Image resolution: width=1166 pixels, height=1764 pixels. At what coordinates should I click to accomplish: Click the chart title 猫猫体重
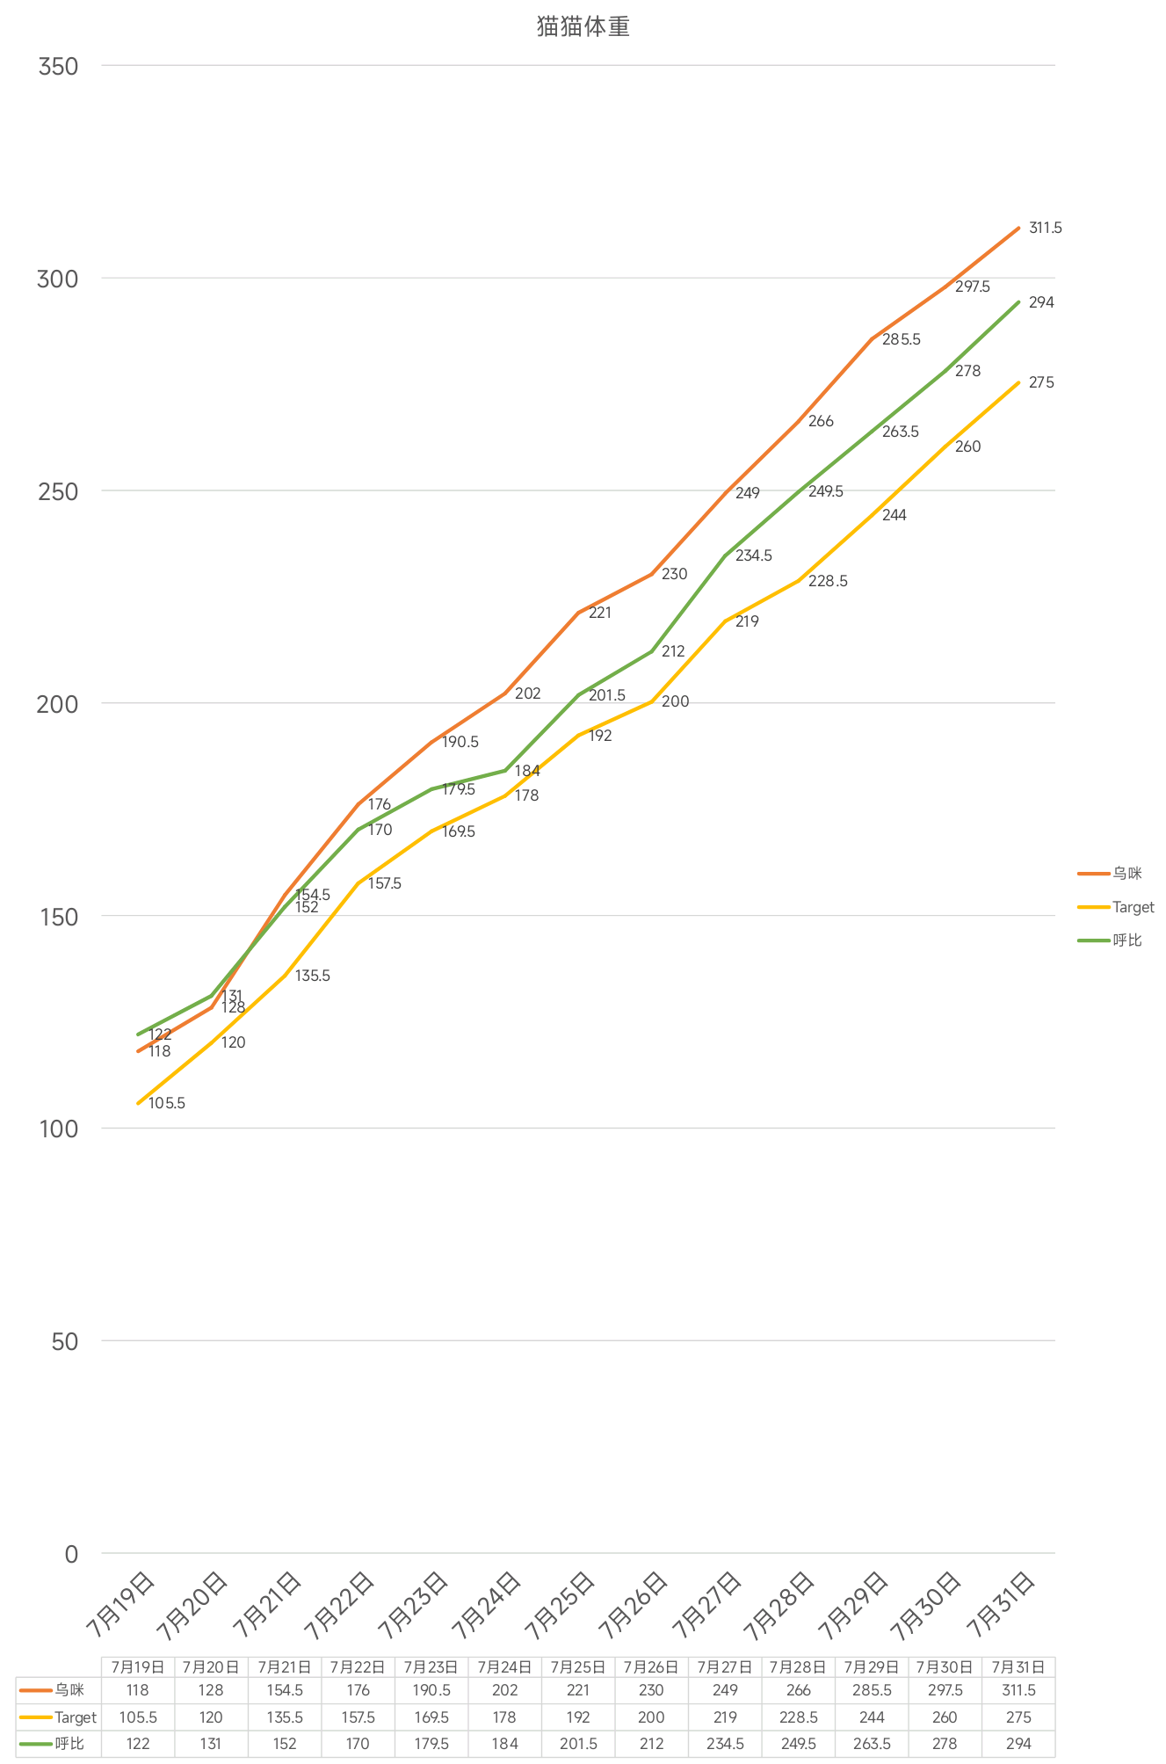583,27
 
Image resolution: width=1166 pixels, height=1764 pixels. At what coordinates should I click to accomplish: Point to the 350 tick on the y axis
59,66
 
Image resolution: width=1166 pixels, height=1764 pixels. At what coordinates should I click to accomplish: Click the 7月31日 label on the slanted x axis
1001,1606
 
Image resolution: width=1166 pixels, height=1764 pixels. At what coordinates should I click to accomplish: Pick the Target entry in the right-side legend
1133,907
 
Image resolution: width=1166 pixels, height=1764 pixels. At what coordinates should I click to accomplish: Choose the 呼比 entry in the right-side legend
1126,940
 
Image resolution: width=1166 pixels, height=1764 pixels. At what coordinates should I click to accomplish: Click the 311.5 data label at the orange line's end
1045,229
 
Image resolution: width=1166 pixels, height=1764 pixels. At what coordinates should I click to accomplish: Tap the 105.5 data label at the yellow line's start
167,1104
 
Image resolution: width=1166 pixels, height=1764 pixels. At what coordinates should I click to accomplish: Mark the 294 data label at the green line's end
1041,303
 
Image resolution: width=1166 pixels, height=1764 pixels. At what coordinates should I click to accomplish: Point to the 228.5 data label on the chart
828,582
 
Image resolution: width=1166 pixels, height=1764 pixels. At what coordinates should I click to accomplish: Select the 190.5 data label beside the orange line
460,743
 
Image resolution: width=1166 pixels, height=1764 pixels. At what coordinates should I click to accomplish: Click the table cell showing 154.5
285,1690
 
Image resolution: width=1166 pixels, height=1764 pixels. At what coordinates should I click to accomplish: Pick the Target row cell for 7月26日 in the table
651,1717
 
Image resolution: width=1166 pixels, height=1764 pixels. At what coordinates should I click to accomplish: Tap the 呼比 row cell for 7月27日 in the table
725,1744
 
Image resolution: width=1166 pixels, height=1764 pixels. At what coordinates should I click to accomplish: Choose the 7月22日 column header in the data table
358,1667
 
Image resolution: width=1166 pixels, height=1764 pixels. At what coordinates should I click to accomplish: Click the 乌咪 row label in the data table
69,1690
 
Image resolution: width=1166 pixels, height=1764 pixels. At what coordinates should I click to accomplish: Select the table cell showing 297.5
945,1690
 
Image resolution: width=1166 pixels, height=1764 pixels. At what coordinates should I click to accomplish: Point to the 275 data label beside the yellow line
1041,383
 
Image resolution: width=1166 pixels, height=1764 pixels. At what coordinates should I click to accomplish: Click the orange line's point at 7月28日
799,422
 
